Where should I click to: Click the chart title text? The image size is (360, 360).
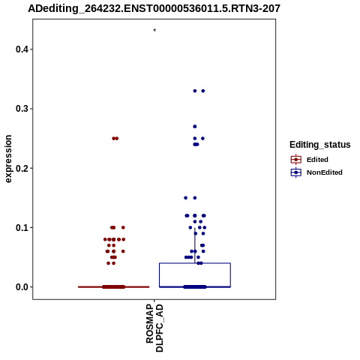pyautogui.click(x=154, y=9)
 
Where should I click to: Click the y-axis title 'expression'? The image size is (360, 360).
pyautogui.click(x=8, y=159)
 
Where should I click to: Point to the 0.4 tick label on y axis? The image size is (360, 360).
pyautogui.click(x=22, y=49)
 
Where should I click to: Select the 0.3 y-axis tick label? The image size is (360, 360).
pyautogui.click(x=22, y=109)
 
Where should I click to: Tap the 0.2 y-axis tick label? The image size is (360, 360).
pyautogui.click(x=22, y=168)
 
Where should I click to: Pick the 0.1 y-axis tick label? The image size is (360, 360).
pyautogui.click(x=22, y=228)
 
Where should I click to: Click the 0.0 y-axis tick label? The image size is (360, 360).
pyautogui.click(x=22, y=287)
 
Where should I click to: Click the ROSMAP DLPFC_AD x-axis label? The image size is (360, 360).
pyautogui.click(x=154, y=328)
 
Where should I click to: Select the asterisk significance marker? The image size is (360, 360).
pyautogui.click(x=154, y=31)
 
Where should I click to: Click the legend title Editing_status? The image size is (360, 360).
pyautogui.click(x=320, y=145)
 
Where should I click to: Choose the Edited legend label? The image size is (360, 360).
pyautogui.click(x=317, y=160)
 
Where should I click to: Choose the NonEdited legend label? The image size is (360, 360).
pyautogui.click(x=325, y=172)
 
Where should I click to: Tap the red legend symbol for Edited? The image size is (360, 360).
pyautogui.click(x=296, y=160)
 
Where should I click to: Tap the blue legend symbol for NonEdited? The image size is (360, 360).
pyautogui.click(x=296, y=172)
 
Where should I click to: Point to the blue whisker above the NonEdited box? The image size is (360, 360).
pyautogui.click(x=195, y=245)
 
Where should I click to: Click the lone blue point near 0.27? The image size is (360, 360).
pyautogui.click(x=195, y=127)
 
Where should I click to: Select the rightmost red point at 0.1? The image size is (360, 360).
pyautogui.click(x=123, y=227)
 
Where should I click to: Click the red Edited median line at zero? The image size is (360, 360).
pyautogui.click(x=114, y=287)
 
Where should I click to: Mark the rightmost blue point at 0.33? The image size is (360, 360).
pyautogui.click(x=203, y=91)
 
